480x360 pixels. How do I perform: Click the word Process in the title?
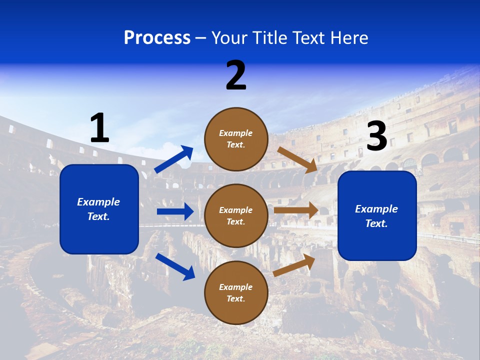point(157,38)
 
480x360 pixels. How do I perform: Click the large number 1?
point(100,127)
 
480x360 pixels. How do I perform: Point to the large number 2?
point(236,75)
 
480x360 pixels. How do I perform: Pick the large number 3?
point(377,135)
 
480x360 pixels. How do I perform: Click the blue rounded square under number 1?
point(99,209)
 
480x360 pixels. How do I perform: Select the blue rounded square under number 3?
point(377,216)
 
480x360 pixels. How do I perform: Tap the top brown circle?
point(236,139)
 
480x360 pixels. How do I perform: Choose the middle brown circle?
point(236,216)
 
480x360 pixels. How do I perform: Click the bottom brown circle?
point(236,293)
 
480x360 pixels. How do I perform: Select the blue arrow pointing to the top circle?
point(173,159)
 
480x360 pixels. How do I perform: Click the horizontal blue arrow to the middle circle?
point(175,211)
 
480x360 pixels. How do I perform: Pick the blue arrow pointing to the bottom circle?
point(175,266)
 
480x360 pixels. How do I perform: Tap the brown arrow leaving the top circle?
point(297,160)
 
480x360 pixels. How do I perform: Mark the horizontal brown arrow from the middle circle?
point(296,210)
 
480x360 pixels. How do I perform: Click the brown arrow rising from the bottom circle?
point(294,265)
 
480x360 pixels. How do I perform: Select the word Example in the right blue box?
point(376,209)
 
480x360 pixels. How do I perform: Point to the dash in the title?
point(201,39)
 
